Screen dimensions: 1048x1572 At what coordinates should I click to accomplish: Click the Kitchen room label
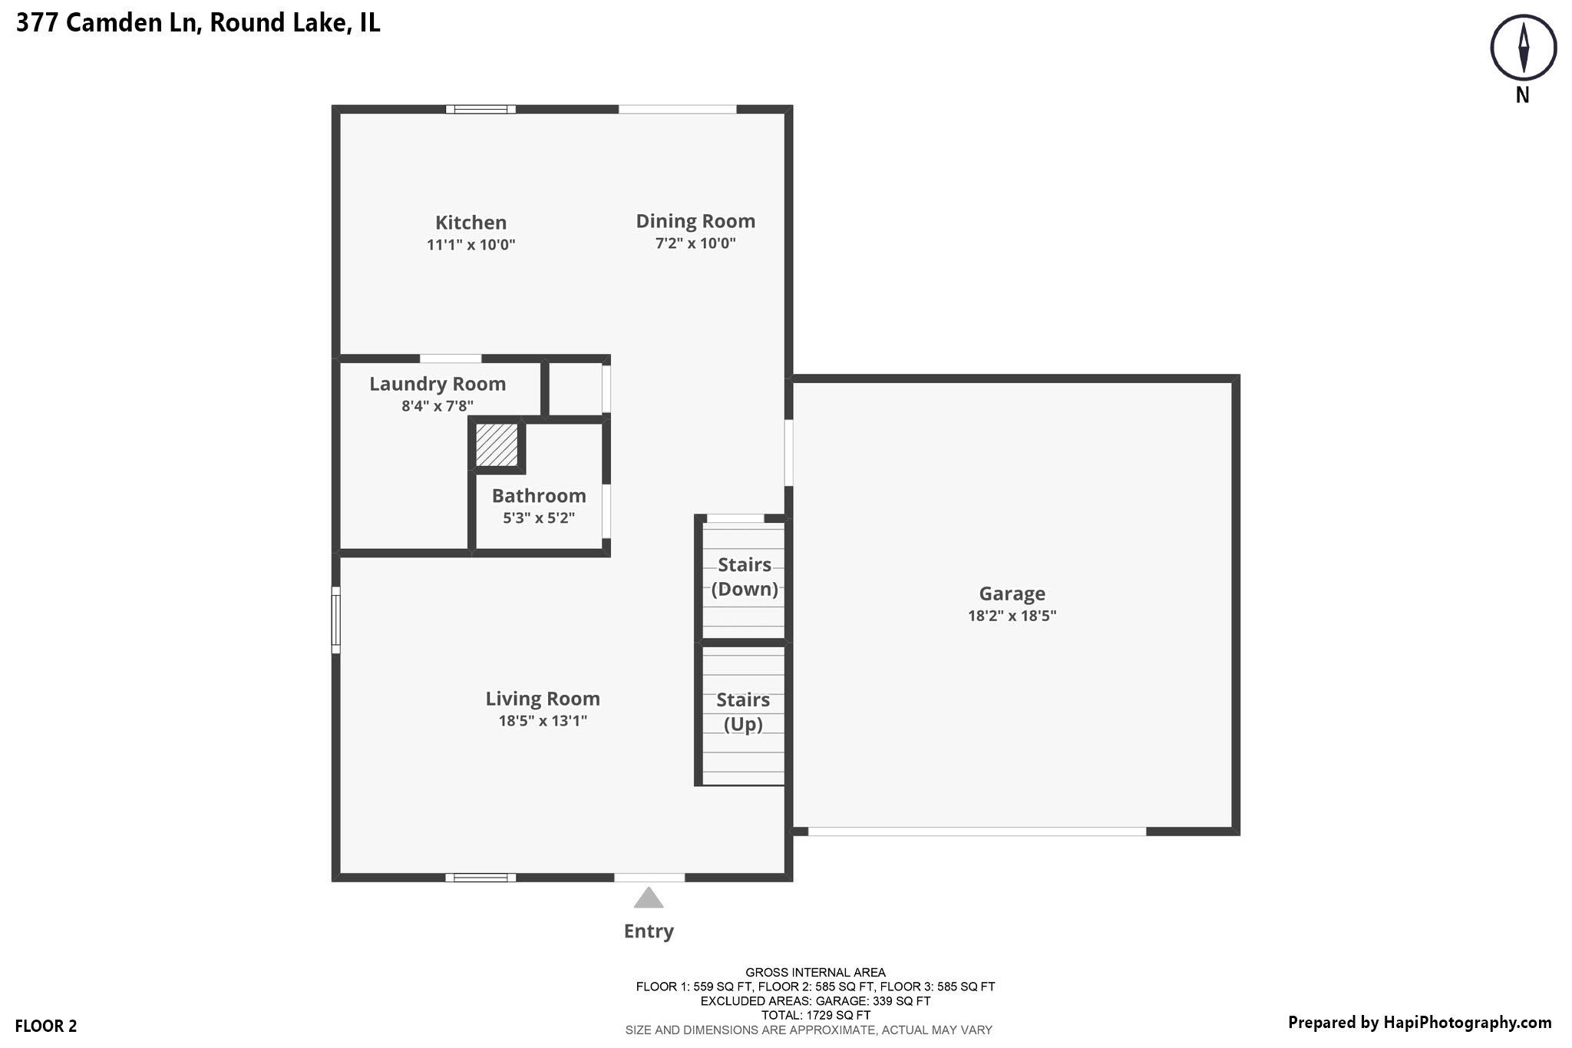[471, 223]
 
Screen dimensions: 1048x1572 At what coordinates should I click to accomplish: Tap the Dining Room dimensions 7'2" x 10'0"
[695, 243]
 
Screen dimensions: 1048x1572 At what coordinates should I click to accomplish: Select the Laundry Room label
[438, 384]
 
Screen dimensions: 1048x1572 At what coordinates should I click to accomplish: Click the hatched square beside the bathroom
[497, 445]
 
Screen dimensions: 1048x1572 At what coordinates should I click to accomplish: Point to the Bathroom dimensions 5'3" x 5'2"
[539, 518]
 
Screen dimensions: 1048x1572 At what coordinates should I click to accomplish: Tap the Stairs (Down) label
[745, 577]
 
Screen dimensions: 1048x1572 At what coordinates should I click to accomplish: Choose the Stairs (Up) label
[743, 712]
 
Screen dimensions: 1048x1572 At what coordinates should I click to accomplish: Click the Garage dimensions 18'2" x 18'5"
[1012, 616]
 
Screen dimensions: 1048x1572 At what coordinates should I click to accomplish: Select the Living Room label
[543, 699]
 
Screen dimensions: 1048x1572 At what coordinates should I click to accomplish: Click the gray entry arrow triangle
[649, 898]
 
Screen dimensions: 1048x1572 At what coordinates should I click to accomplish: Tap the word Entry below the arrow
[649, 931]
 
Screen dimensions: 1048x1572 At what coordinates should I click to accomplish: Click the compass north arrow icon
[1523, 48]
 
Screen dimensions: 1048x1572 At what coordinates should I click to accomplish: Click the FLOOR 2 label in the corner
[46, 1026]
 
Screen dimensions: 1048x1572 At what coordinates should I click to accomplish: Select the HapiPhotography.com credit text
[1419, 1023]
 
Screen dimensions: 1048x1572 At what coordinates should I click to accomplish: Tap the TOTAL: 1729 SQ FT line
[815, 1015]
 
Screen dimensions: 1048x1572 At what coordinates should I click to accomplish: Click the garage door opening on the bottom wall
[976, 831]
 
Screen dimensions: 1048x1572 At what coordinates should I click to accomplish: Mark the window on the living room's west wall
[335, 620]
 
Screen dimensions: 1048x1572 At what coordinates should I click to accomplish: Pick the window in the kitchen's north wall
[481, 109]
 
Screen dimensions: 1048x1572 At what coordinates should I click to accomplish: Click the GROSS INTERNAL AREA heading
[815, 973]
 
